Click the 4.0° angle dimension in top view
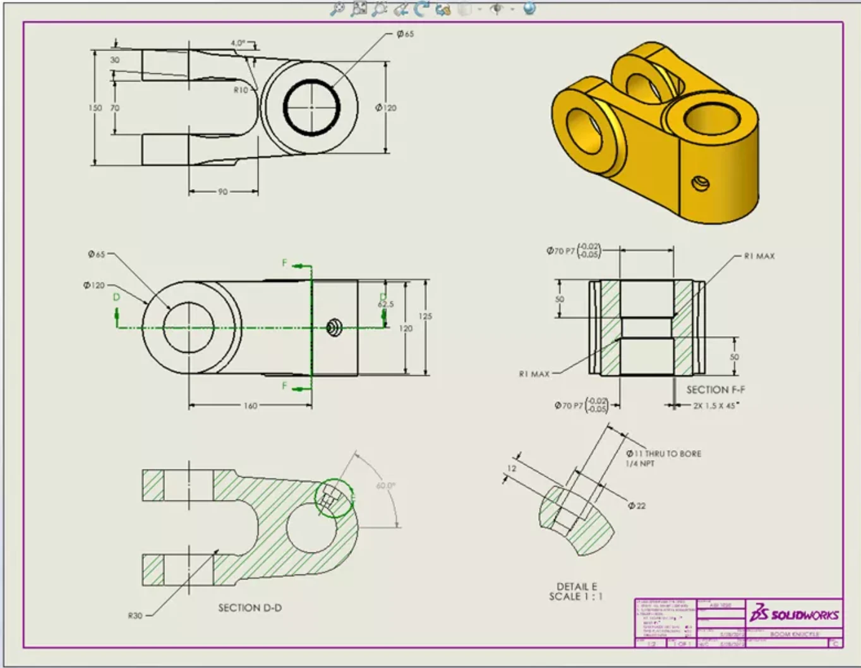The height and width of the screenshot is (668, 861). pos(238,43)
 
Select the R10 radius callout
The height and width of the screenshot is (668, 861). pos(241,90)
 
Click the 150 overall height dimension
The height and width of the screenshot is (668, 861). pos(95,108)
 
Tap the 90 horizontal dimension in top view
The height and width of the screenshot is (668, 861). pos(222,191)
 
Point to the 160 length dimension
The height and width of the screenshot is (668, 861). pos(250,406)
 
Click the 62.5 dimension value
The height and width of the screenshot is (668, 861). pos(385,305)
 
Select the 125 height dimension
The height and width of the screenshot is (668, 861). pos(425,316)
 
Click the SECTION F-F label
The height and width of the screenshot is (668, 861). pos(715,390)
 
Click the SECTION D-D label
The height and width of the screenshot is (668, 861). pos(250,608)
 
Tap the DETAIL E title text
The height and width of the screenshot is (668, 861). pos(576,586)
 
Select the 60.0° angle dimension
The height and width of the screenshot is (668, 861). pos(385,486)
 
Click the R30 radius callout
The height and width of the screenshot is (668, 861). pos(135,616)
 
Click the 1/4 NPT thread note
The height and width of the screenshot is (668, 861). pos(640,464)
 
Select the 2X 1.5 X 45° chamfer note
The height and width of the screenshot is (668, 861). pos(715,406)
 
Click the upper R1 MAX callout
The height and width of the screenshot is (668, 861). pos(759,256)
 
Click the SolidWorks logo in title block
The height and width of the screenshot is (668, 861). pos(794,614)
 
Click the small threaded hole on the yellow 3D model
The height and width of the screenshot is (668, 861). pos(701,184)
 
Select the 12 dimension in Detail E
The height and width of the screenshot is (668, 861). pos(512,468)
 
